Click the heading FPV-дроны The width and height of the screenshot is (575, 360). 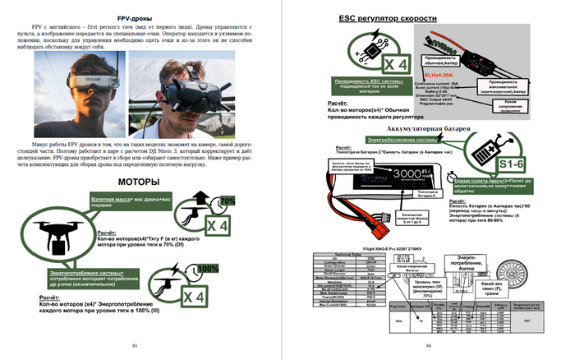(x=136, y=17)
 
